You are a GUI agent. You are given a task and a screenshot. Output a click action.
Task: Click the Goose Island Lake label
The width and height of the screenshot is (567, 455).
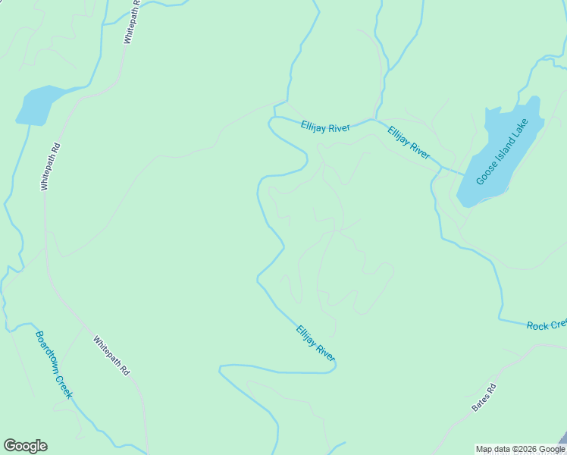pos(503,151)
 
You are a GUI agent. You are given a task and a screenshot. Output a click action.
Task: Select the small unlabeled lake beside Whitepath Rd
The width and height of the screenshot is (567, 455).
pos(37,105)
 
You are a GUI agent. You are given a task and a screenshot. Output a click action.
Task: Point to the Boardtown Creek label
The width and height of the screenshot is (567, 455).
pos(53,364)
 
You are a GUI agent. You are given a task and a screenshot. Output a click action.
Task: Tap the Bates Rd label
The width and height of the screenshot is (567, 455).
pos(484,397)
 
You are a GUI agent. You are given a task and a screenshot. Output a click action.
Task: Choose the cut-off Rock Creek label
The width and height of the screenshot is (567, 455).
pos(547,325)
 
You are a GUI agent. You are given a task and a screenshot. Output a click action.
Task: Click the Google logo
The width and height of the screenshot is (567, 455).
pos(25,445)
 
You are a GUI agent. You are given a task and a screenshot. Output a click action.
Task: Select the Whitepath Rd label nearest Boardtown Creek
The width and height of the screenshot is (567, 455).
pos(112,356)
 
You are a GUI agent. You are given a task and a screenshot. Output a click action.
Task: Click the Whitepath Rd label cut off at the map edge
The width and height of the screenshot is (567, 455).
pos(132,21)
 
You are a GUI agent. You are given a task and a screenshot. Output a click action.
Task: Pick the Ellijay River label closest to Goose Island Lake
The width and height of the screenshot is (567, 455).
pos(409,143)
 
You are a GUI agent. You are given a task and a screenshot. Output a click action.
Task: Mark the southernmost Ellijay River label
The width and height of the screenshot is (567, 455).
pos(316,343)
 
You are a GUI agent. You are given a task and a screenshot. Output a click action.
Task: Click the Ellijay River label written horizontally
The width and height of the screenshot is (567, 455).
pos(324,127)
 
